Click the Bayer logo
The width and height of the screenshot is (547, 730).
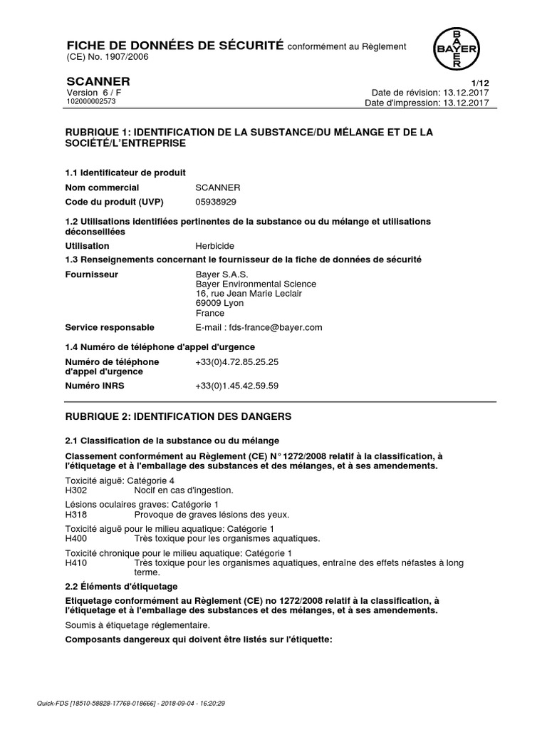tap(457, 48)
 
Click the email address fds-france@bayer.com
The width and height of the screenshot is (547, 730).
tap(259, 327)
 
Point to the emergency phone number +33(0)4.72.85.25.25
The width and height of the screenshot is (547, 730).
tap(236, 362)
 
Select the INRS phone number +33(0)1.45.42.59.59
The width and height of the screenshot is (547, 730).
tap(236, 386)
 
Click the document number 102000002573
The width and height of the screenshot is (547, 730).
tap(91, 102)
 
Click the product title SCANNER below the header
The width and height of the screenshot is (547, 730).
tap(98, 81)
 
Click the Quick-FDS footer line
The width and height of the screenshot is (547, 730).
tap(131, 703)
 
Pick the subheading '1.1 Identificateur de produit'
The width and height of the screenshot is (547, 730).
tap(125, 173)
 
